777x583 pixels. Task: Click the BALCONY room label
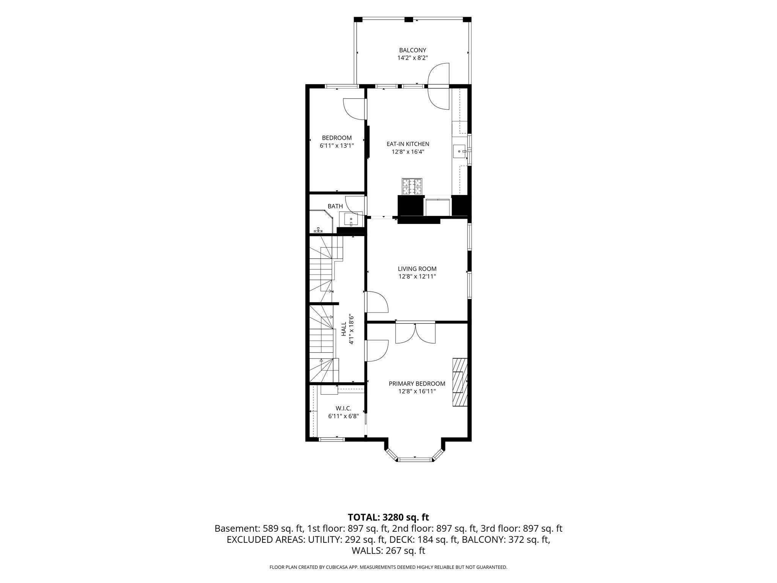(412, 50)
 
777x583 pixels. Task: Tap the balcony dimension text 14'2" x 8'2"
(412, 58)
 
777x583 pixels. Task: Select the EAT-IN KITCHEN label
(408, 144)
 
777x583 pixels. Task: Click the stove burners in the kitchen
(412, 187)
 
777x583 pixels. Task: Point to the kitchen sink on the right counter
(460, 151)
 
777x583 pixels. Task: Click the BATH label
(335, 206)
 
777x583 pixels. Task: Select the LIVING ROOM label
(417, 269)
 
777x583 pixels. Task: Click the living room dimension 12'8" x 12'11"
(417, 277)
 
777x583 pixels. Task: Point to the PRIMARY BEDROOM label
(417, 384)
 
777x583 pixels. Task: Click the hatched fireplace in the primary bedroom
(459, 383)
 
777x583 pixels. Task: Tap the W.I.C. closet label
(343, 408)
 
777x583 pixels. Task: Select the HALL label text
(344, 329)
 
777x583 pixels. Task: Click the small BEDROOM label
(337, 138)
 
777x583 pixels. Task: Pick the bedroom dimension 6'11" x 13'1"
(337, 145)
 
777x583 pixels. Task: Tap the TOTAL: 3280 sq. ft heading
(388, 517)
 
